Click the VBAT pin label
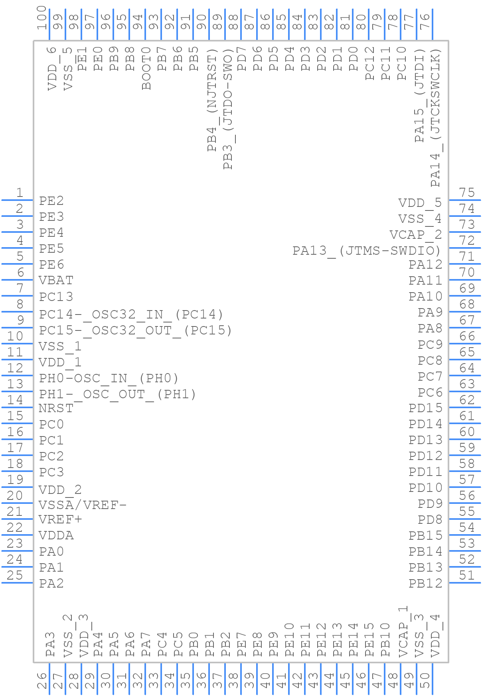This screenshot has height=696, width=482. (56, 281)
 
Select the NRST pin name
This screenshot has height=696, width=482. (56, 409)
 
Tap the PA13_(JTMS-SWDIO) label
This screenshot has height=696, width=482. (367, 251)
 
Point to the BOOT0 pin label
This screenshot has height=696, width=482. (146, 68)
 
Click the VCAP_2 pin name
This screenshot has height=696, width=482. (416, 235)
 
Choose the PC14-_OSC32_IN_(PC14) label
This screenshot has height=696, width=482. (131, 315)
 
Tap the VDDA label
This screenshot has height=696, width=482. (56, 536)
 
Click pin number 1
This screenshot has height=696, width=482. (19, 193)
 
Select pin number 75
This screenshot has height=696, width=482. (467, 193)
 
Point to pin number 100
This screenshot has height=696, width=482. (41, 18)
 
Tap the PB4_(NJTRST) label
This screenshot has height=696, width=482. (212, 100)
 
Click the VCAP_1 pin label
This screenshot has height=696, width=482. (403, 631)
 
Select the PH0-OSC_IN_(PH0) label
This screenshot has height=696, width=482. (109, 378)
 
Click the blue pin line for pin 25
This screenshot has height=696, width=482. (18, 583)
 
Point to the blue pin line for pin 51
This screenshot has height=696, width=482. (464, 583)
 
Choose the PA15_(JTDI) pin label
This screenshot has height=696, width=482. (419, 96)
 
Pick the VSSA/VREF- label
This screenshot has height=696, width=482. (83, 505)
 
